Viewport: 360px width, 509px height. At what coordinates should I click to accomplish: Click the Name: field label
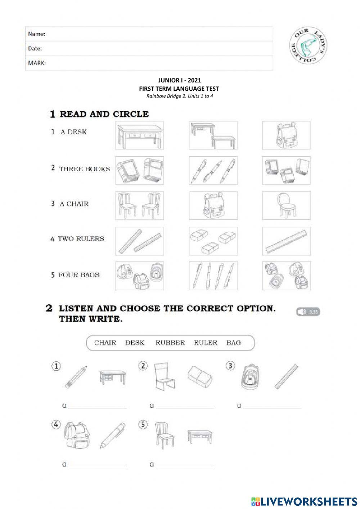coord(37,34)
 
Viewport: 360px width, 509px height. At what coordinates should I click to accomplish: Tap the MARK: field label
coord(37,63)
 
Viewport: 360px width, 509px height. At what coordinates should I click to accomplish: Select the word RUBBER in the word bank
coord(170,343)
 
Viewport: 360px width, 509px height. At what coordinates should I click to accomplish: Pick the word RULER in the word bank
coord(206,343)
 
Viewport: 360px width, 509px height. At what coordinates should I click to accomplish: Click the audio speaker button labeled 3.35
coord(308,312)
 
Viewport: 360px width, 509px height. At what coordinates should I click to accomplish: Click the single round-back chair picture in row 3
coord(286,206)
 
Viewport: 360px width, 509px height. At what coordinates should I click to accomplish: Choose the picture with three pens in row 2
coord(213,170)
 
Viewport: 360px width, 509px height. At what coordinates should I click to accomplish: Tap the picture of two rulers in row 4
coord(139,241)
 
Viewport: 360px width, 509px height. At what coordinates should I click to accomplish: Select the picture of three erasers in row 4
coord(213,241)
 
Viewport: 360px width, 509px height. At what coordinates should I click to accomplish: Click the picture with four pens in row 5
coord(213,276)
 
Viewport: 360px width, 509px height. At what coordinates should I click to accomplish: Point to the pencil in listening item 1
coord(76,377)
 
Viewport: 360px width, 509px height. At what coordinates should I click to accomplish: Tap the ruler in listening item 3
coord(286,377)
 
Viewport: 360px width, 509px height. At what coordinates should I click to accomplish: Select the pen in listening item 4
coord(112,435)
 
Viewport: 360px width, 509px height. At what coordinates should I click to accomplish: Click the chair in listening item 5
coord(162,435)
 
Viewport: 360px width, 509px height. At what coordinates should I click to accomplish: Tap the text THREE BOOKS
coord(85,169)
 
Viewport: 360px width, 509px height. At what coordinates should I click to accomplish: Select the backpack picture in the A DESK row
coord(286,135)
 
